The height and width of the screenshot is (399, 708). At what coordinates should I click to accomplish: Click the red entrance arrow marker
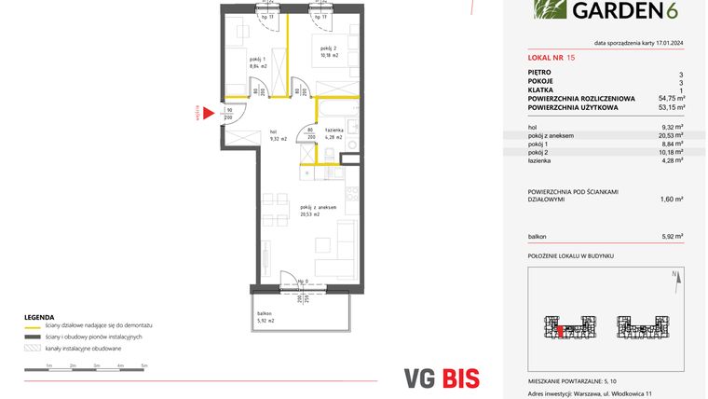click(209, 113)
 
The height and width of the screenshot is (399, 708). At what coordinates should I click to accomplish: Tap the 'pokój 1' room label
click(243, 60)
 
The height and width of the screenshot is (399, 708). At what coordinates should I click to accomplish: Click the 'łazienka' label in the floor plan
click(334, 130)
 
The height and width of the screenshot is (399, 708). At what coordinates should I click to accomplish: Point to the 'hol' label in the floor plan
click(274, 131)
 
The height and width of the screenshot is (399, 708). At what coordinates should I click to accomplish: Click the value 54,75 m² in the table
click(671, 98)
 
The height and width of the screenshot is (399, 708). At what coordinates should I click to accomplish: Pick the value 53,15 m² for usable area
click(671, 106)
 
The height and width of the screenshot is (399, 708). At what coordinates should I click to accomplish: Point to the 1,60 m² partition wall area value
click(672, 199)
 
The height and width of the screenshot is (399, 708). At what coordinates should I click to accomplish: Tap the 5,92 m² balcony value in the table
click(672, 235)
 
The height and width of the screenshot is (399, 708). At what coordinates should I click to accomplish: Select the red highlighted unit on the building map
click(561, 328)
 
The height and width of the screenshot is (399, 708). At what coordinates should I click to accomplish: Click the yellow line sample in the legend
click(34, 325)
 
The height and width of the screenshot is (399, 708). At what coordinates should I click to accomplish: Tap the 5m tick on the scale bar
click(144, 366)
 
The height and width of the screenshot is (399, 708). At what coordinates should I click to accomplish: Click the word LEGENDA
click(40, 317)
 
